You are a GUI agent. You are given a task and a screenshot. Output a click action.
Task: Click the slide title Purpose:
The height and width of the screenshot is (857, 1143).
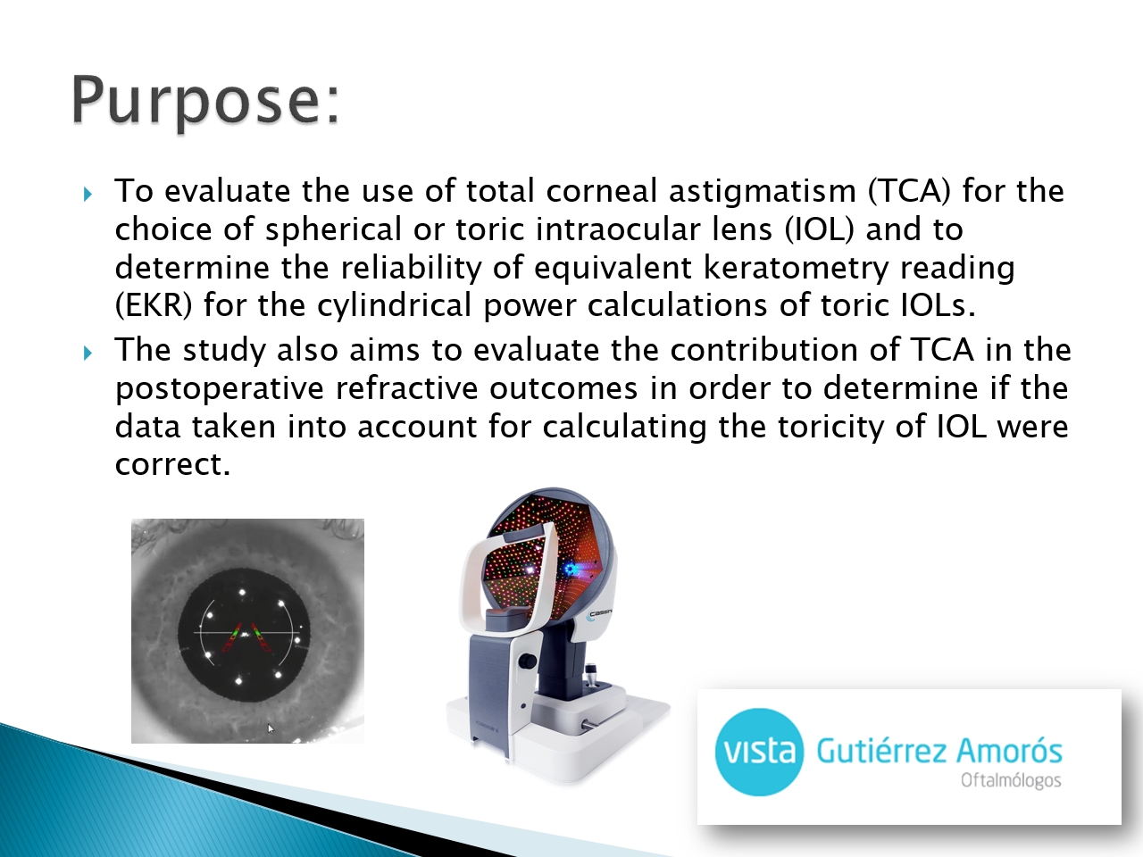point(205,102)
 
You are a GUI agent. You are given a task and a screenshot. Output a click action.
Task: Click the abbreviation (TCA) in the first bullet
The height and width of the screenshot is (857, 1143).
point(909,190)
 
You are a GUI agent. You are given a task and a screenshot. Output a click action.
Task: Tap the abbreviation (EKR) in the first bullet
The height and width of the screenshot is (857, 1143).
point(154,305)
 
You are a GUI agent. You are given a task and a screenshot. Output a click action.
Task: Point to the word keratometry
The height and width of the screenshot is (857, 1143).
point(796,267)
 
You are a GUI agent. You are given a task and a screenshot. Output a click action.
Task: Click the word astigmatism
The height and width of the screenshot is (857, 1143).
point(763,191)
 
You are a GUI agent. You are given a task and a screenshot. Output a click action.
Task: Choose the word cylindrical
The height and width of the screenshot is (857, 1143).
point(394,305)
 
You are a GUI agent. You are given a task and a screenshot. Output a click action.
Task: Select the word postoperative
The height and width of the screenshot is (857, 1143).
point(220,388)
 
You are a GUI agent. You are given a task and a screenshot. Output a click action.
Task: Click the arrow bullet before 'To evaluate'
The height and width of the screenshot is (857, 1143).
point(88,195)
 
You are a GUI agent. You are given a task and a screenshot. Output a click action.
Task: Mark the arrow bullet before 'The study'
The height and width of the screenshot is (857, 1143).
point(88,354)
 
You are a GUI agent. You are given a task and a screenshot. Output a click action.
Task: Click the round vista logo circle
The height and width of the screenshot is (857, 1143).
point(759,752)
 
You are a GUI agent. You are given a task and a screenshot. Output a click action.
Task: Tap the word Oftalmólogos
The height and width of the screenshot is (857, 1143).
point(1011,781)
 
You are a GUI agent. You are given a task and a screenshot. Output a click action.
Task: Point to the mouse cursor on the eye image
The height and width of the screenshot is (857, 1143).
point(271,728)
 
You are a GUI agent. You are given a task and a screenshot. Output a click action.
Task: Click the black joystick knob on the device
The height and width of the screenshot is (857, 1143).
point(529,661)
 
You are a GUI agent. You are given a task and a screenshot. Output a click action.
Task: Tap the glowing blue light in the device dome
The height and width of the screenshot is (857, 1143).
point(570,569)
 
